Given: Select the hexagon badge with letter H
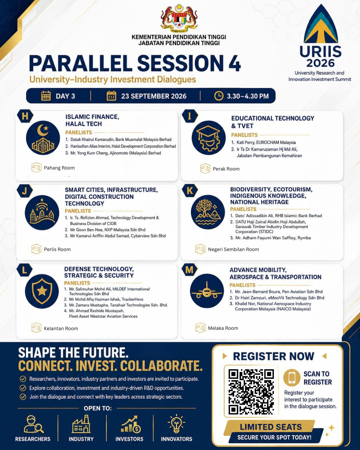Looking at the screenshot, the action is tap(25, 116).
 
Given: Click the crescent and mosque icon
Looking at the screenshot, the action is tap(43, 138).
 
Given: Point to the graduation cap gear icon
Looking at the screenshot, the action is tap(208, 138).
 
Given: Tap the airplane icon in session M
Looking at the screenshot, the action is tap(207, 291).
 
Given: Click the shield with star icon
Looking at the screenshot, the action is tap(42, 291).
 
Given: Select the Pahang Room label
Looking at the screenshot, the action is tap(59, 168).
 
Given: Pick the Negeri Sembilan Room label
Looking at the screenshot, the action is tap(233, 249).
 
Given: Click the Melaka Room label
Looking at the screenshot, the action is tap(223, 328).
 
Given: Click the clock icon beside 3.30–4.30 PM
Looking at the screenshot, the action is tap(219, 96).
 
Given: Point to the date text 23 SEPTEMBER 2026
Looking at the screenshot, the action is tap(154, 96).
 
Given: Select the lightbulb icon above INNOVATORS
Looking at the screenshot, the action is tap(176, 423).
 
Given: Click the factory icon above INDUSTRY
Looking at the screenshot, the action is tap(81, 424).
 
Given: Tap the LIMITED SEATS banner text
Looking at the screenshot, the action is tap(271, 427).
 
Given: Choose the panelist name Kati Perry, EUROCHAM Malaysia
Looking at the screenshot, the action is tap(266, 142).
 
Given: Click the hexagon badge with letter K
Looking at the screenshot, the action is tap(190, 191).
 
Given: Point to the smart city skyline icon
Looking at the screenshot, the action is tap(42, 212).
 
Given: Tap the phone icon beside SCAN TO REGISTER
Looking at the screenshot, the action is tap(292, 378).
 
